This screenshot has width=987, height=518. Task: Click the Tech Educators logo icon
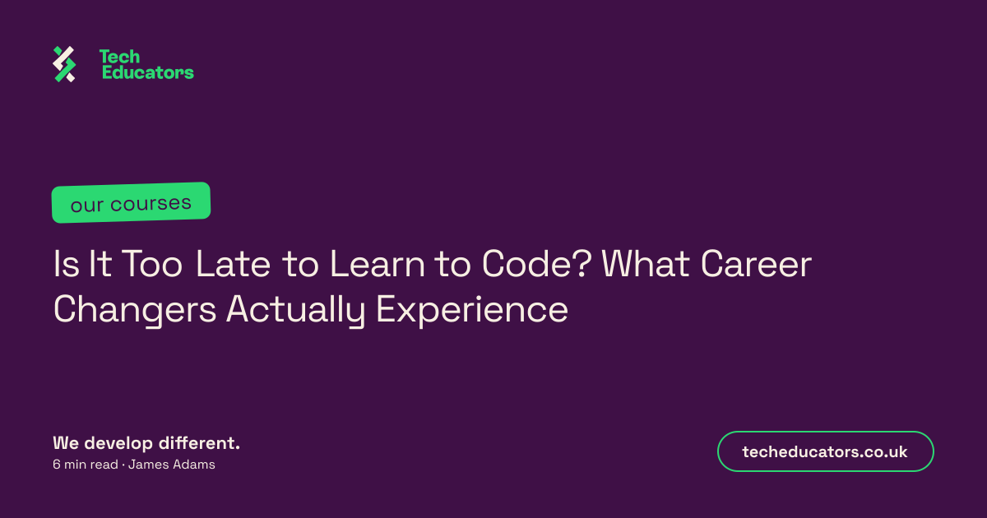[64, 64]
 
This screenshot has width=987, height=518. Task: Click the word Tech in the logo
[120, 57]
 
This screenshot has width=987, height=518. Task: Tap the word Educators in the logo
[148, 72]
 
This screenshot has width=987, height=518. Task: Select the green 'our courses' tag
[131, 202]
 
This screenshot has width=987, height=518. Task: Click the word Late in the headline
[233, 264]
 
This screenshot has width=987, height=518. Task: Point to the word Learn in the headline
[378, 264]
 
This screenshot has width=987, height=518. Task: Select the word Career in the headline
[756, 264]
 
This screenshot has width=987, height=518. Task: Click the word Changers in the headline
[135, 311]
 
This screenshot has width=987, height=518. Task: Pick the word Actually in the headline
[295, 311]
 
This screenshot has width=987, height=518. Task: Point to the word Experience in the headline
[472, 311]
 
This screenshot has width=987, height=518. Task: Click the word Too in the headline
[151, 264]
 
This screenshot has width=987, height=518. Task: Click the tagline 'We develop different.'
[146, 443]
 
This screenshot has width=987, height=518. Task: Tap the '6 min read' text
[86, 465]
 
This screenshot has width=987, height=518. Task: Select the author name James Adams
[171, 465]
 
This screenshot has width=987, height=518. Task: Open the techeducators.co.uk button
[825, 451]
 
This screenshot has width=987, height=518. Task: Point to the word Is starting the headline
[66, 264]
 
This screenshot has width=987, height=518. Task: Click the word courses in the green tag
[151, 203]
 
